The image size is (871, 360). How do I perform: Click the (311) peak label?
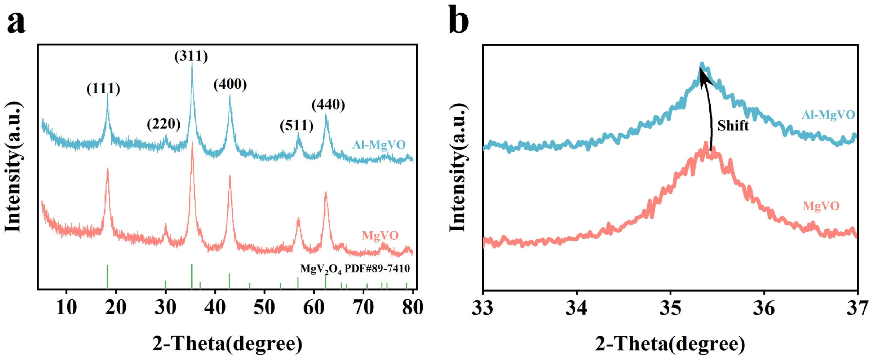[x=191, y=56]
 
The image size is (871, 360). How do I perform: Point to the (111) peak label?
[x=103, y=89]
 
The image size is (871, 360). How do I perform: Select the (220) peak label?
[x=163, y=124]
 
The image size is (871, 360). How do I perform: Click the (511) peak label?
[x=297, y=126]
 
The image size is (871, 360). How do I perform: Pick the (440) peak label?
[x=328, y=105]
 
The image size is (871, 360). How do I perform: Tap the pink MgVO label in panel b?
[x=821, y=206]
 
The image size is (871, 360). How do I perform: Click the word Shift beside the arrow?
[x=733, y=126]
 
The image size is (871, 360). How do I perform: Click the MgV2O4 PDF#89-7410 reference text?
[x=355, y=269]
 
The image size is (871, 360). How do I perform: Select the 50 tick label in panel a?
[x=264, y=308]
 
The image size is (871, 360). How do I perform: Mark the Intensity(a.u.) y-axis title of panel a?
[x=13, y=166]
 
